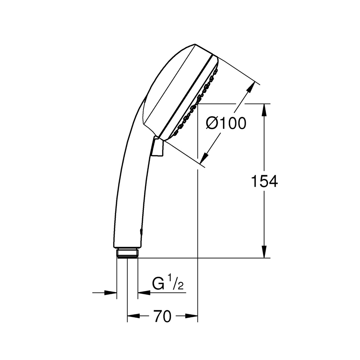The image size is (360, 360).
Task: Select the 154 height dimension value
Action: (264, 181)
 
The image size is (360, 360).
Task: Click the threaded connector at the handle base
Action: (127, 252)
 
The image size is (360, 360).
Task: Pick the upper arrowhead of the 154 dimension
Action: (264, 110)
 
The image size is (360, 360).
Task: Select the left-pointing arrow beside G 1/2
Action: (144, 293)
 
